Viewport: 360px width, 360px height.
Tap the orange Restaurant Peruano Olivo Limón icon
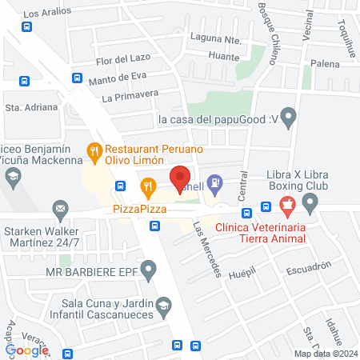click(94, 150)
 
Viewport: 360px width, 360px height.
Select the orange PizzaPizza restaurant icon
click(148, 189)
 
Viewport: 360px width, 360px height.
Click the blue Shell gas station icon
click(214, 182)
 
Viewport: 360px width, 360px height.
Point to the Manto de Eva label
click(120, 77)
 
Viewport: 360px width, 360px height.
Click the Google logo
click(27, 350)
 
